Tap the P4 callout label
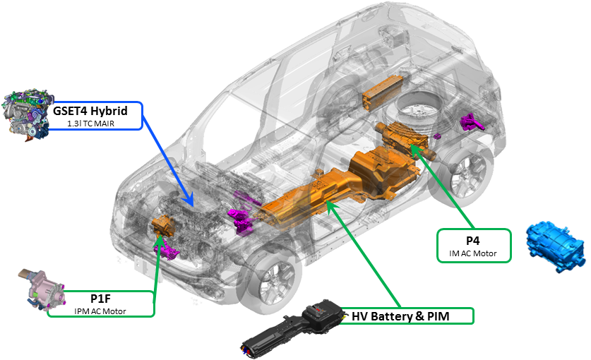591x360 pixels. tap(473, 239)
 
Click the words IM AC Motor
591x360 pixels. tap(473, 253)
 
